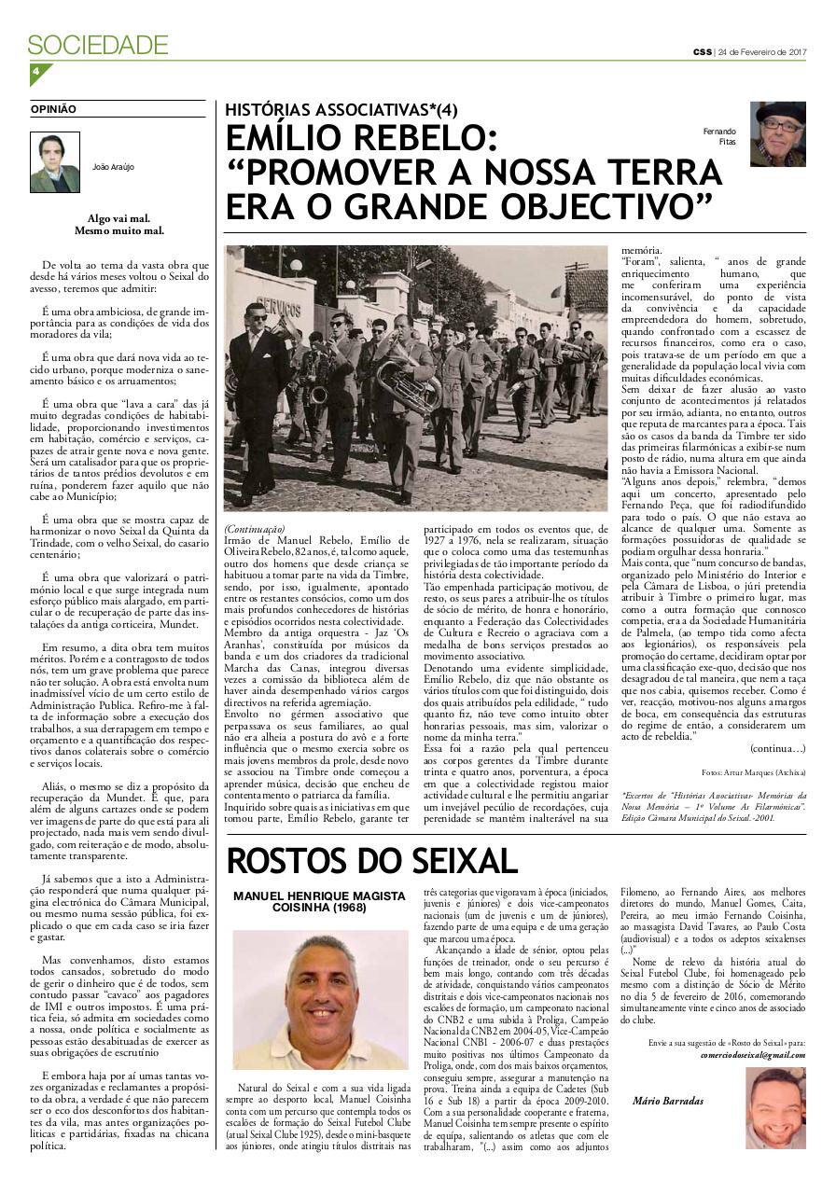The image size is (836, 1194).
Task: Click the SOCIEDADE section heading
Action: (x=98, y=45)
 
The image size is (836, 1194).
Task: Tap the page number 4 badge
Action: (x=36, y=73)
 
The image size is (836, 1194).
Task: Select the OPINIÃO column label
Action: (x=53, y=109)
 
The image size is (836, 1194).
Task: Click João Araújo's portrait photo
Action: (x=55, y=162)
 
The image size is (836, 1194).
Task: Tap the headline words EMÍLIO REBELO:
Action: (x=369, y=140)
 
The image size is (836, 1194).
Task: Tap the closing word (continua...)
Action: (x=776, y=748)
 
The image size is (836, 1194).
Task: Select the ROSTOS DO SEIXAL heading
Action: (x=371, y=861)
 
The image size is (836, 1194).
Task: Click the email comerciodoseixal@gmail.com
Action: (x=752, y=1054)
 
